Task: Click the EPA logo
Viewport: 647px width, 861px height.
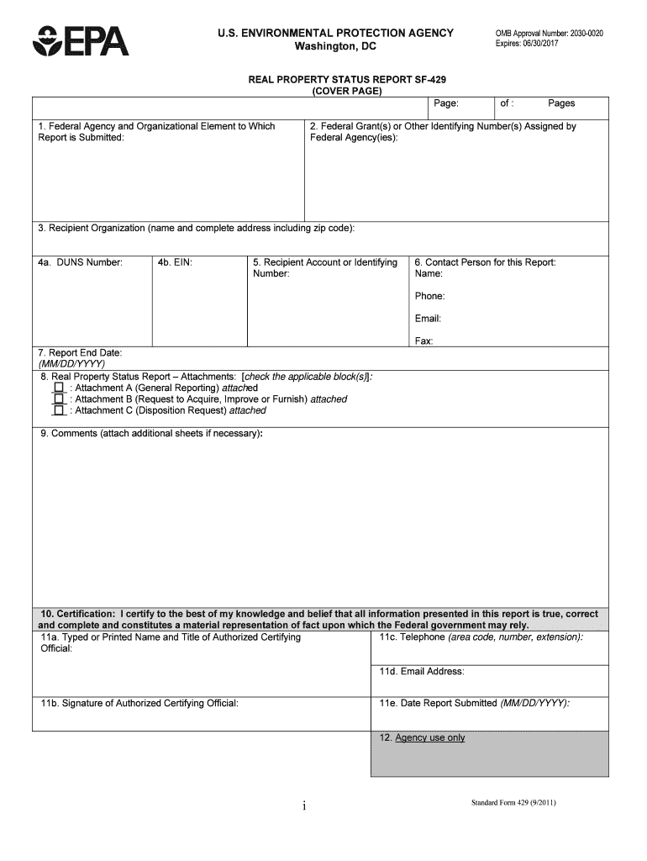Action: pyautogui.click(x=81, y=40)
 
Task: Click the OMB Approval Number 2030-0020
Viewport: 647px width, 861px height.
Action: pyautogui.click(x=549, y=34)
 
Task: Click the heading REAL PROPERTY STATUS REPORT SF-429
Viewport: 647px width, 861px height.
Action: pyautogui.click(x=347, y=80)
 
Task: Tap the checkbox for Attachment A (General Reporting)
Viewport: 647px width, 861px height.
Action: pyautogui.click(x=59, y=388)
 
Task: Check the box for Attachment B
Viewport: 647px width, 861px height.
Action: pyautogui.click(x=59, y=399)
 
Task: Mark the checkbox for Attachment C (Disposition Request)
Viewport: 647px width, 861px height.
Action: pyautogui.click(x=59, y=411)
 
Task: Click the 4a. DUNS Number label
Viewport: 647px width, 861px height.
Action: pyautogui.click(x=80, y=262)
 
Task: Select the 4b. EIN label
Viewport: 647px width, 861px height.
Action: pyautogui.click(x=175, y=262)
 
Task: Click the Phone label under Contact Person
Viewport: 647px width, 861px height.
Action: pyautogui.click(x=429, y=296)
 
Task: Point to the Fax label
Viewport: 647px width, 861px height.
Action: pyautogui.click(x=423, y=341)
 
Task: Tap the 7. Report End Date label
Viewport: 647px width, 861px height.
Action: pyautogui.click(x=80, y=352)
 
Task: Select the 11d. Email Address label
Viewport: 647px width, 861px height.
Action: pyautogui.click(x=421, y=671)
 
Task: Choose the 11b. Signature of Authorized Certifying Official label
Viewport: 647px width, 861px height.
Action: pyautogui.click(x=139, y=703)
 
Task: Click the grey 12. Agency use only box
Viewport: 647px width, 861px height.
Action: pyautogui.click(x=489, y=753)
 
